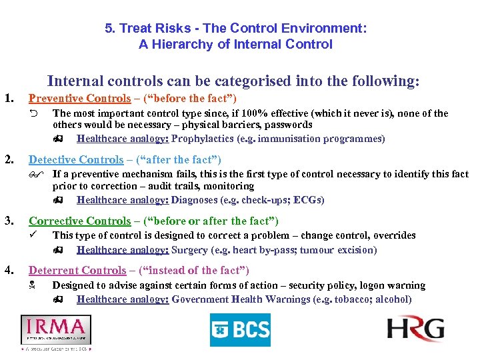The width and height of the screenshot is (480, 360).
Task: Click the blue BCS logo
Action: tap(240, 329)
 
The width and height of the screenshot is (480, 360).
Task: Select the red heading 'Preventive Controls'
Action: tap(79, 99)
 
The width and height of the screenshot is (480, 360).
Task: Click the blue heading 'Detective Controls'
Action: tap(76, 159)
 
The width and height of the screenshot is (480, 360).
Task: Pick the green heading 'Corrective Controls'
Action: tap(79, 221)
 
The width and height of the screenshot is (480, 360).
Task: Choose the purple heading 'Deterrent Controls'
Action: tap(77, 270)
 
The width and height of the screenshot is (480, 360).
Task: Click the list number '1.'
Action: tap(10, 99)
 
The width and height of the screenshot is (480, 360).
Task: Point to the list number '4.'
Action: tap(10, 270)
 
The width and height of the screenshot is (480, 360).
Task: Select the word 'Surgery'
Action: tap(189, 250)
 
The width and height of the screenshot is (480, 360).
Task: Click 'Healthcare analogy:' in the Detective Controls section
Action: tap(123, 200)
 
